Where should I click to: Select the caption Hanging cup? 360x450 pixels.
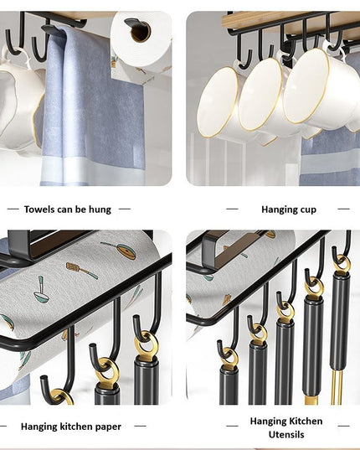[288, 209]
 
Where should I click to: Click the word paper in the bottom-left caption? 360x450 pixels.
[107, 427]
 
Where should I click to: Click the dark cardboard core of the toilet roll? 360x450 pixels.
[140, 32]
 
